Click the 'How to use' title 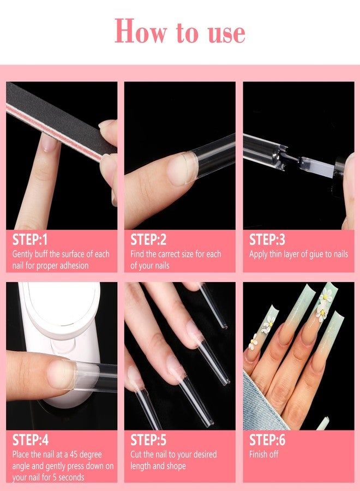coord(179,32)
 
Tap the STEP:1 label coord(31,240)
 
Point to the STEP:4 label coord(31,440)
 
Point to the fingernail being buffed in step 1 coord(50,143)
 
